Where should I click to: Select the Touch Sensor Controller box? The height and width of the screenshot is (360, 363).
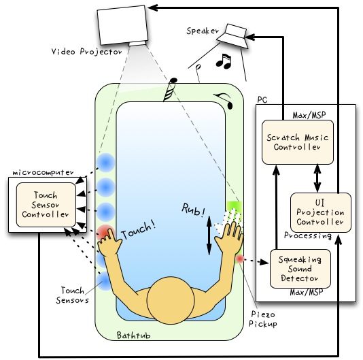tap(46, 205)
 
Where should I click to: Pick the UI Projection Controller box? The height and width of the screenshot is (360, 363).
tap(321, 212)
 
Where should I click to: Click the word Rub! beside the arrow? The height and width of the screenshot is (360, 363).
tap(194, 210)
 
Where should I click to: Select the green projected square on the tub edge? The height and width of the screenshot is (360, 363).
tap(234, 206)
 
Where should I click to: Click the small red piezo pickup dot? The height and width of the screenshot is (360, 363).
tap(240, 259)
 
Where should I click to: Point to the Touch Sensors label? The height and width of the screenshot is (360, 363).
tap(73, 295)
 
